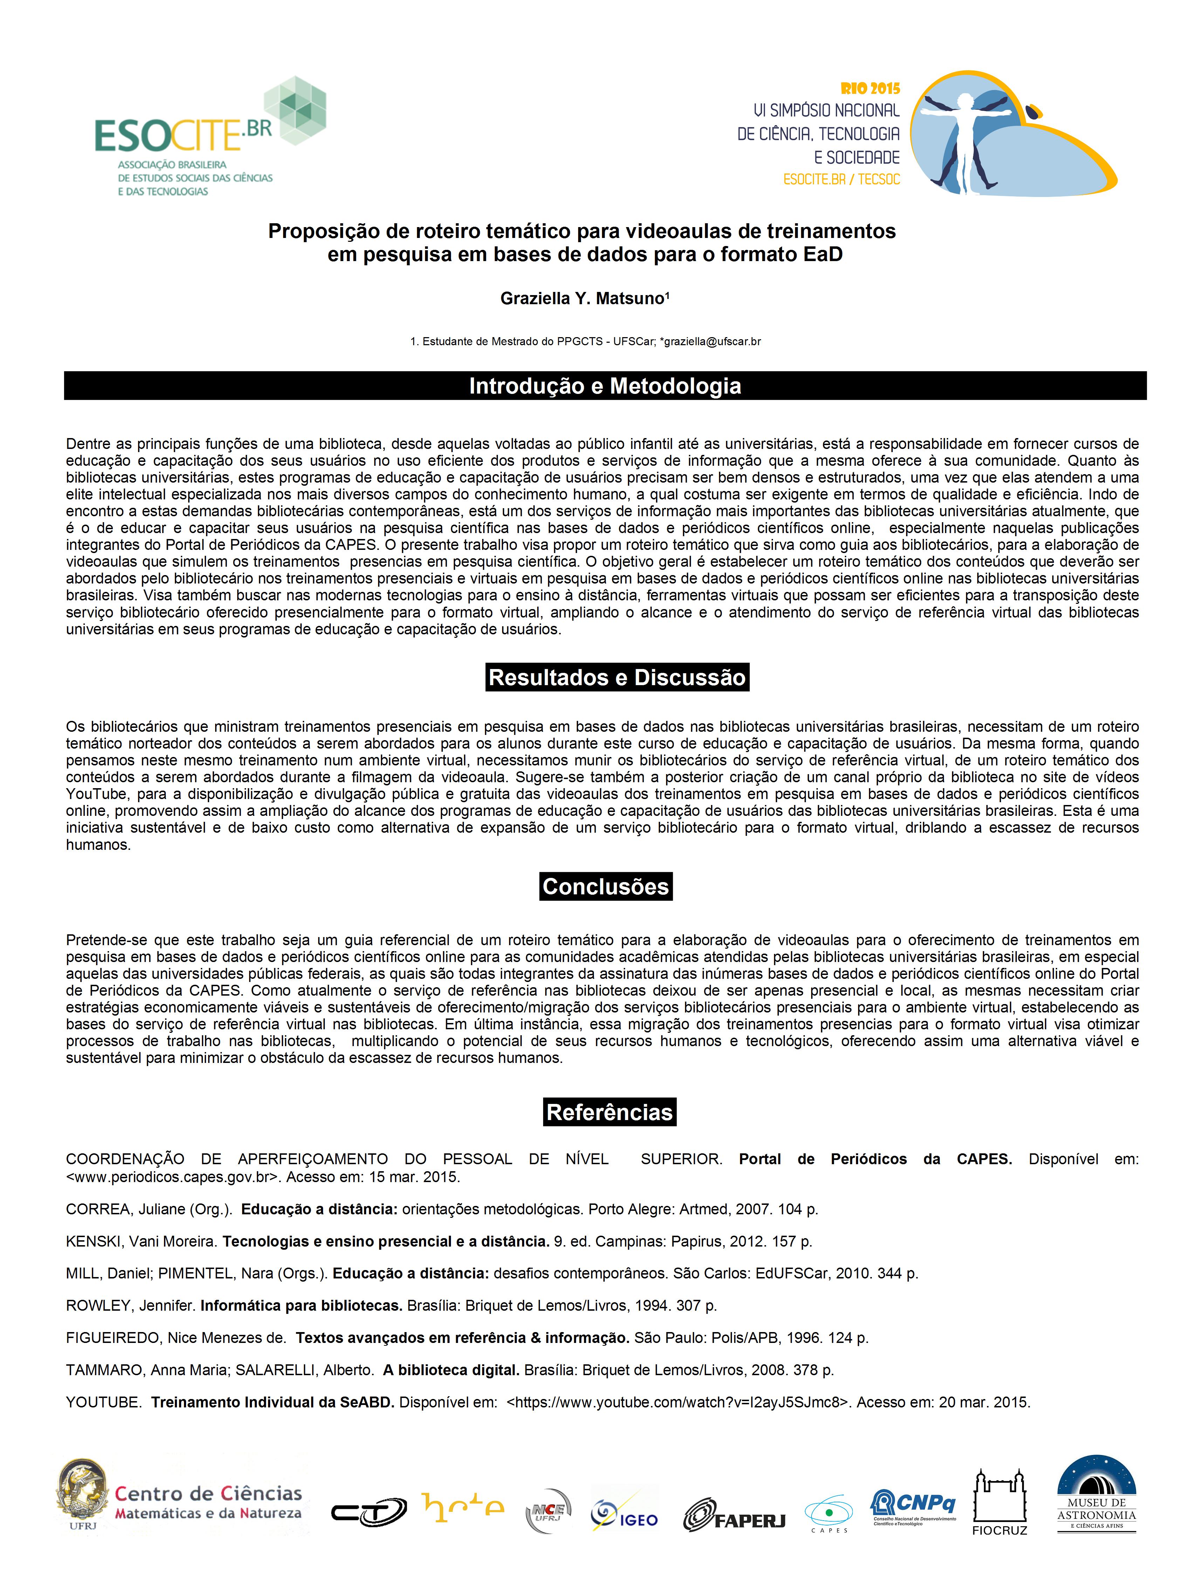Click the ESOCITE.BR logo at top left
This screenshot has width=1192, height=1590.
(210, 137)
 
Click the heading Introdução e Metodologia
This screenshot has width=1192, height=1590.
(605, 386)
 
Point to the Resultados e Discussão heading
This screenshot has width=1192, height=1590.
(617, 677)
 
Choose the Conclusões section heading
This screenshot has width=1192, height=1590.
(606, 886)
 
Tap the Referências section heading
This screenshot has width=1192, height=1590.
(609, 1112)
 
